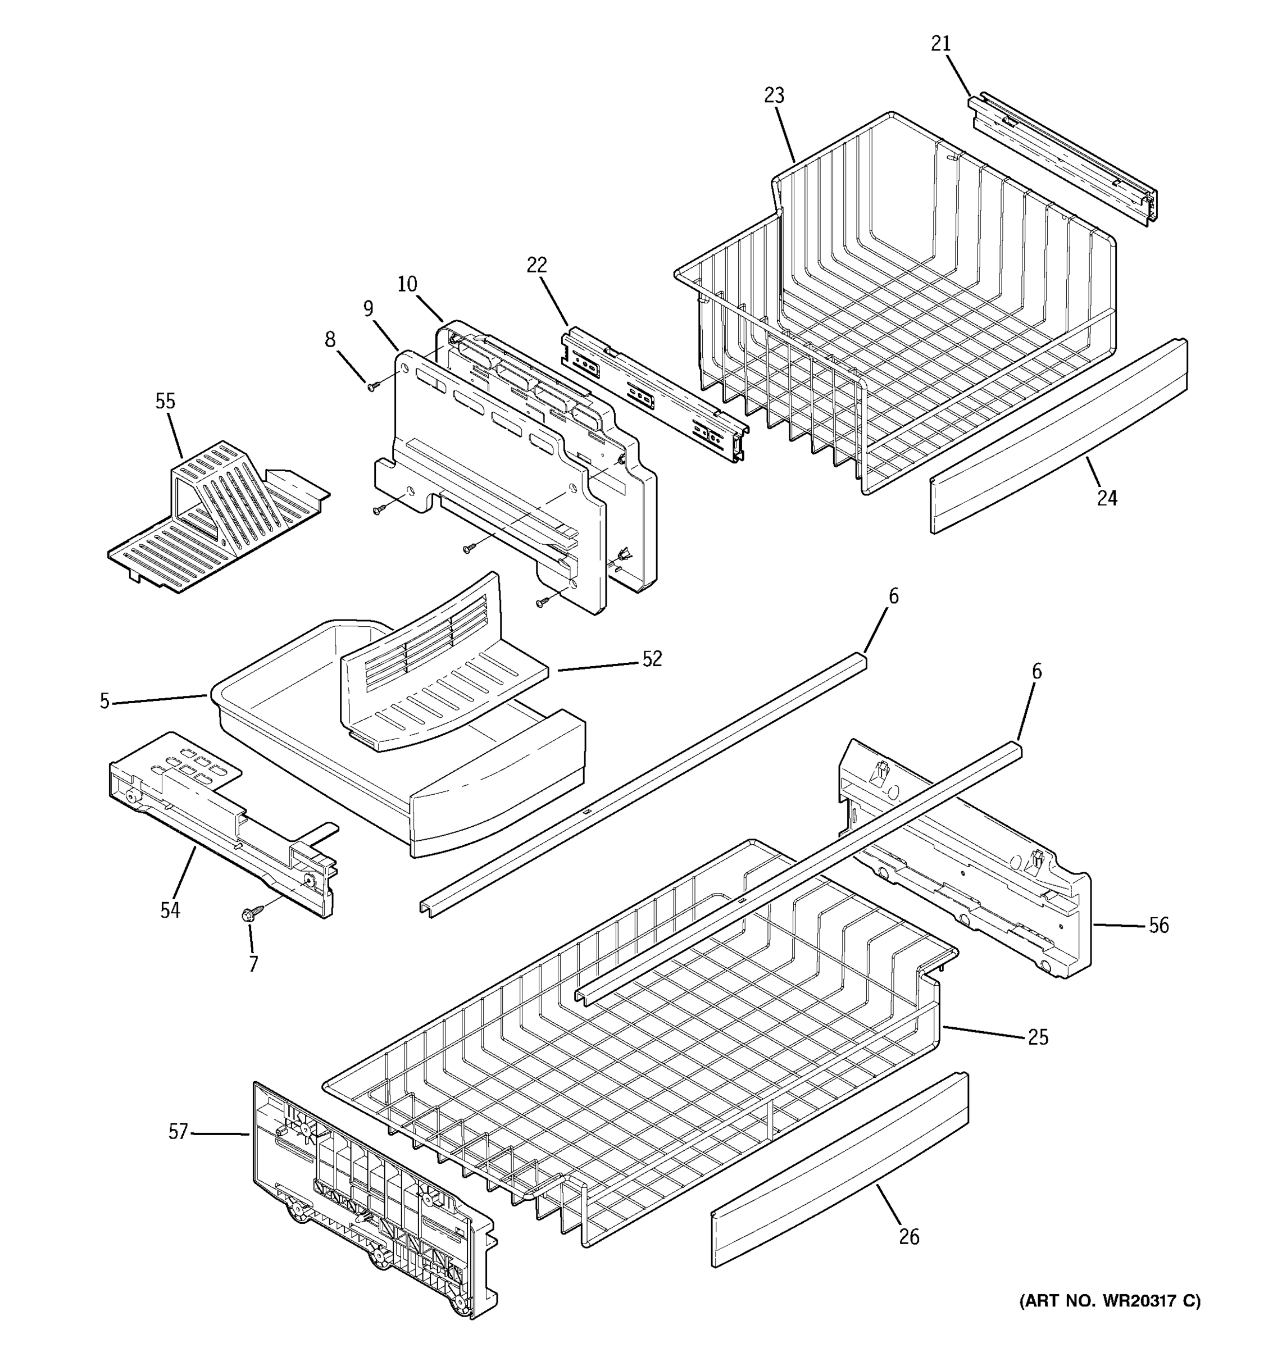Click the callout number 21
point(940,44)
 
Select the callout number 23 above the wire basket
point(774,95)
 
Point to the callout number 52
point(652,659)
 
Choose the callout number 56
point(1158,926)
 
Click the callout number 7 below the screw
point(253,964)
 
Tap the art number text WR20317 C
point(1110,1301)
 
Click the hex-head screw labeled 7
point(247,916)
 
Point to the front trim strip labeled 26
point(841,1180)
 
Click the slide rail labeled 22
point(654,393)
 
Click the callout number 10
point(407,284)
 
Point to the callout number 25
point(1038,1037)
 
